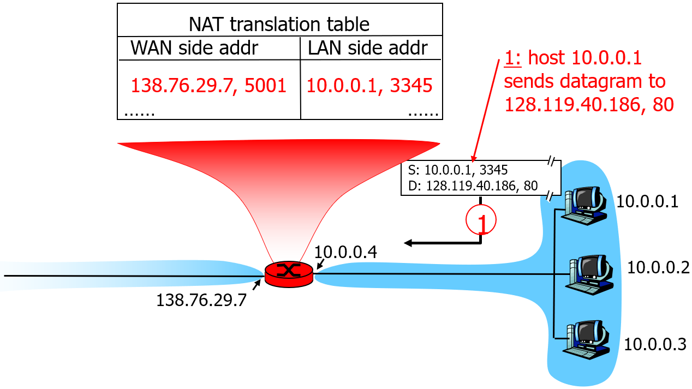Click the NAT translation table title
[279, 25]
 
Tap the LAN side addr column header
[367, 48]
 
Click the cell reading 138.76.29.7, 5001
[208, 85]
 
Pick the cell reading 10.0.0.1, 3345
[369, 85]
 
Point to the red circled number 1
[481, 221]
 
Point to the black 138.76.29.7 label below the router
[201, 300]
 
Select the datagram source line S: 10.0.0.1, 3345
[458, 170]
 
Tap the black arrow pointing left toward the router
[431, 243]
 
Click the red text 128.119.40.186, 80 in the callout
[589, 105]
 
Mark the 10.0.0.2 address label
[658, 267]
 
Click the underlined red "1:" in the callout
[513, 58]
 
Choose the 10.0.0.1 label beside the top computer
[647, 202]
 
